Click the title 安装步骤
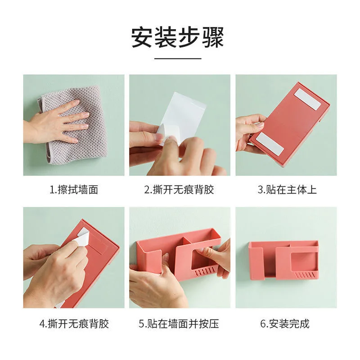click(177, 37)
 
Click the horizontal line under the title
click(178, 58)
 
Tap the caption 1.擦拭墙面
click(74, 189)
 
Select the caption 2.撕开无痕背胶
click(179, 189)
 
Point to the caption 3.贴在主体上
click(287, 189)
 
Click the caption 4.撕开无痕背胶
click(74, 324)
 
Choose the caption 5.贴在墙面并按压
click(179, 324)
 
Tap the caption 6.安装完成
click(285, 324)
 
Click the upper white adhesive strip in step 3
click(308, 99)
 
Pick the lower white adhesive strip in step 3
click(270, 144)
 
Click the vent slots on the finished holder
click(305, 275)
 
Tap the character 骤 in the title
click(213, 37)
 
